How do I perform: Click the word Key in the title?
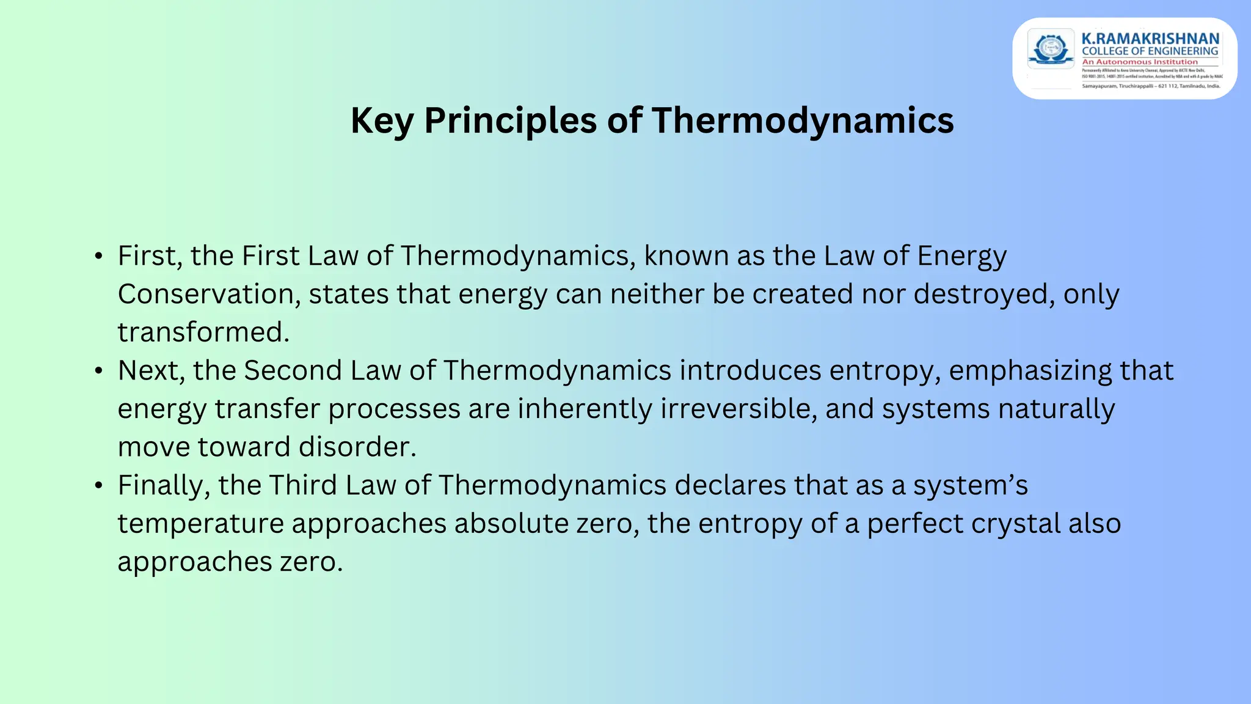click(382, 120)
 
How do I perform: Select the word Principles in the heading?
click(510, 120)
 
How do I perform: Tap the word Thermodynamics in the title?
click(802, 120)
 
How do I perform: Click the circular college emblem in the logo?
click(1051, 49)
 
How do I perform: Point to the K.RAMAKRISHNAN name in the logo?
click(1150, 38)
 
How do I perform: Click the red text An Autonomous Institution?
click(1140, 62)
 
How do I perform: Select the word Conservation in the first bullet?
click(208, 294)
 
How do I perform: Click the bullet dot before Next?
click(99, 371)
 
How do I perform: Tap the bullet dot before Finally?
click(99, 486)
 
